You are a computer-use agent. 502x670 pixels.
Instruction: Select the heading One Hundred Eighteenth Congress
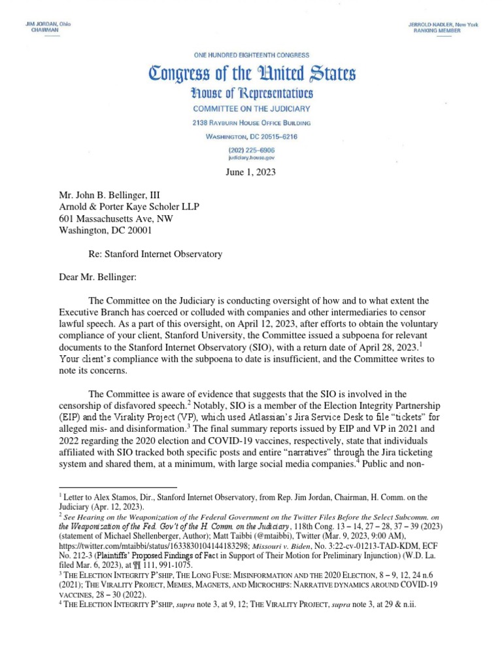[x=251, y=56]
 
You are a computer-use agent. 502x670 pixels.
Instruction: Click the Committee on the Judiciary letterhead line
[x=251, y=109]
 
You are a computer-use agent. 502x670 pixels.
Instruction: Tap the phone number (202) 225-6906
[x=251, y=149]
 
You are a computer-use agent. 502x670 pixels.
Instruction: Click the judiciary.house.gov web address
[x=251, y=158]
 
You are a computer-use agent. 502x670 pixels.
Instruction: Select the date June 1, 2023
[x=251, y=173]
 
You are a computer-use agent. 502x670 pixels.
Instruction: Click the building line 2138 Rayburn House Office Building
[x=251, y=123]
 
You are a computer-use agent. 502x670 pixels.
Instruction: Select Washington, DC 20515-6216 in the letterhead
[x=251, y=136]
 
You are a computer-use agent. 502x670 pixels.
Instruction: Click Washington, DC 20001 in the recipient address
[x=104, y=231]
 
